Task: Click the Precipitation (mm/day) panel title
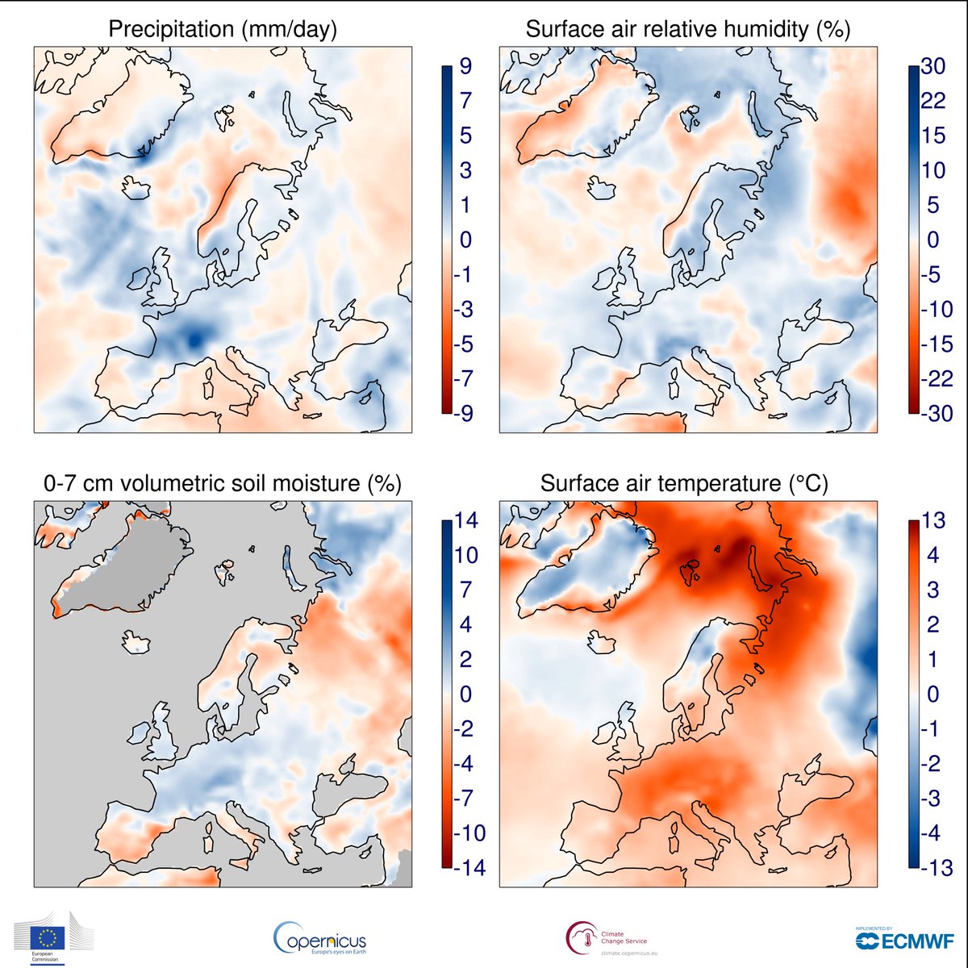click(223, 30)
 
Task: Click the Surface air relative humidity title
click(687, 30)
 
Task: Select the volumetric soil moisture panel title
click(222, 483)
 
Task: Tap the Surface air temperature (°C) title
click(684, 483)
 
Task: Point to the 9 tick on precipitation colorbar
click(465, 66)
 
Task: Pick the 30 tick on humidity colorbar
click(933, 66)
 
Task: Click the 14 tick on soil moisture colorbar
click(466, 520)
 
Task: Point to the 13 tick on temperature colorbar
click(933, 520)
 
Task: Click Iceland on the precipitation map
click(136, 188)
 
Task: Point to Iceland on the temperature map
click(602, 643)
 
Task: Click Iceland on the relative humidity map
click(602, 189)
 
